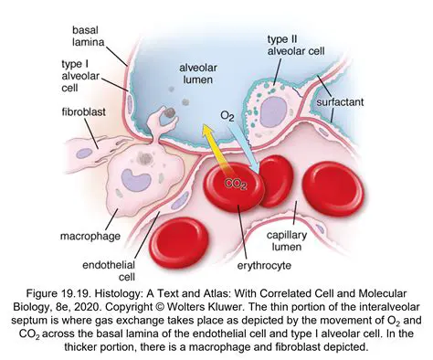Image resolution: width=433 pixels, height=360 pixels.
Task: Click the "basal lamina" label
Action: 91,37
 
